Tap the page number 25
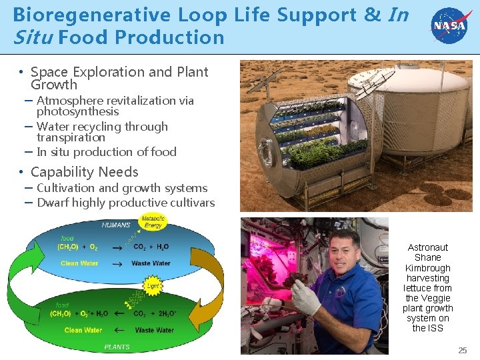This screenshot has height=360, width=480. click(463, 350)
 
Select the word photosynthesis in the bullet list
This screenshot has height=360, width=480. click(77, 111)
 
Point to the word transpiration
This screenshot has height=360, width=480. click(71, 137)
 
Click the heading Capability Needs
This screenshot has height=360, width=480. click(84, 172)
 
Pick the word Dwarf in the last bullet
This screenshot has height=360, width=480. click(53, 203)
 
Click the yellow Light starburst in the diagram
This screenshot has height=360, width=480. click(153, 286)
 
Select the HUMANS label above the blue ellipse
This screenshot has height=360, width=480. click(116, 225)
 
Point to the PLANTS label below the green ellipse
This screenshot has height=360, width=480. click(117, 347)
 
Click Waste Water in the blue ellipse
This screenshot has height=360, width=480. click(151, 263)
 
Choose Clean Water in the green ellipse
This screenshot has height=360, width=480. click(83, 330)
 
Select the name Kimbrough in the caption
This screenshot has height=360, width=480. click(427, 268)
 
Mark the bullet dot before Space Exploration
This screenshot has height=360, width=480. click(22, 72)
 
